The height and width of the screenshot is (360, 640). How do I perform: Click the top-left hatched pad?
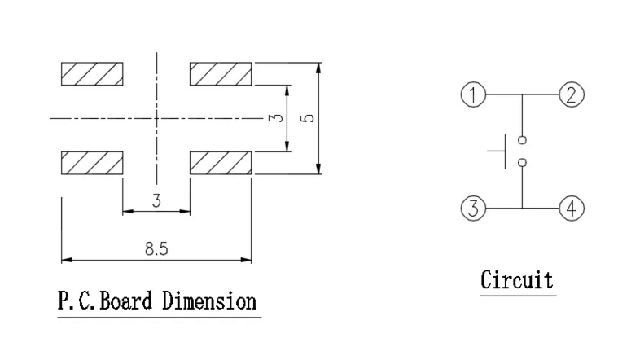pyautogui.click(x=92, y=74)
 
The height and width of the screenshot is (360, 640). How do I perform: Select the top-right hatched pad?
pyautogui.click(x=221, y=74)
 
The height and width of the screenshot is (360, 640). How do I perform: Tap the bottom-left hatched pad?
pyautogui.click(x=92, y=163)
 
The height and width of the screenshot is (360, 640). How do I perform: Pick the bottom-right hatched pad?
pyautogui.click(x=221, y=163)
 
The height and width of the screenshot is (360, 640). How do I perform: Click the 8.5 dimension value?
pyautogui.click(x=156, y=248)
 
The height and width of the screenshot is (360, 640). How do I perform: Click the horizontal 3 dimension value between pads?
pyautogui.click(x=156, y=201)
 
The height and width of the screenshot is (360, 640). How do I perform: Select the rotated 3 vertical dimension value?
pyautogui.click(x=276, y=118)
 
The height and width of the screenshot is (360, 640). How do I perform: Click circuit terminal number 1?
pyautogui.click(x=473, y=94)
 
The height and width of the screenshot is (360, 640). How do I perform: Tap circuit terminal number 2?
pyautogui.click(x=572, y=94)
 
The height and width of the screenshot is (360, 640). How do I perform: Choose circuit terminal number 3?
pyautogui.click(x=473, y=209)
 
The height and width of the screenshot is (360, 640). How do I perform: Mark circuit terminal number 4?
pyautogui.click(x=572, y=209)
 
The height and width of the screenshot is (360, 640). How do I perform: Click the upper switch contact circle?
pyautogui.click(x=522, y=140)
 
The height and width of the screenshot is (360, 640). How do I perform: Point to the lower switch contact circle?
pyautogui.click(x=522, y=163)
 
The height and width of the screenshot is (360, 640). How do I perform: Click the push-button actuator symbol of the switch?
pyautogui.click(x=505, y=151)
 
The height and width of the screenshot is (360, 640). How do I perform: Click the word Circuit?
pyautogui.click(x=517, y=280)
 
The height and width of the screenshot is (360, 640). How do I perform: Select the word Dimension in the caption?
pyautogui.click(x=209, y=301)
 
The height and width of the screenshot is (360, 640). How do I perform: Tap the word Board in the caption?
pyautogui.click(x=125, y=301)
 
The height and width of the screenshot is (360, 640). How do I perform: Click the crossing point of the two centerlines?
pyautogui.click(x=156, y=119)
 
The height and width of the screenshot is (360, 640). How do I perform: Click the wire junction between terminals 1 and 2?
pyautogui.click(x=522, y=94)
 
